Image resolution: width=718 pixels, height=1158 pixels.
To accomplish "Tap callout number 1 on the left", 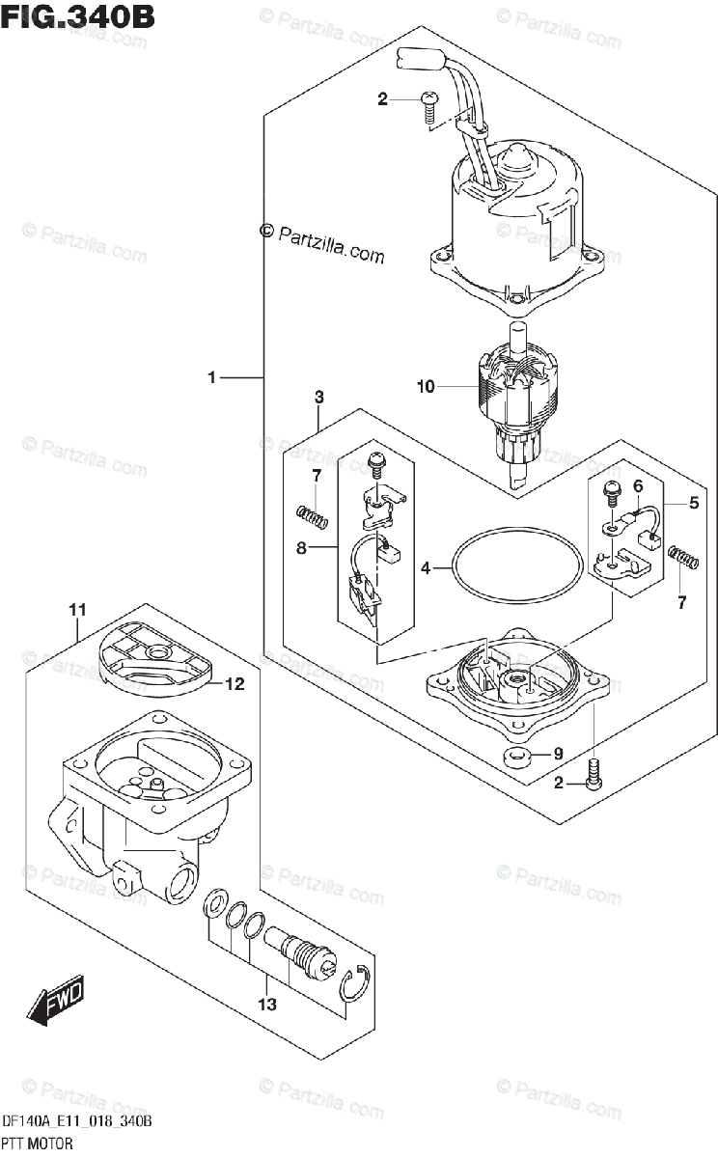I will (212, 377).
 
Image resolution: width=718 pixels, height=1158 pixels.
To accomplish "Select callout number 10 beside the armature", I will (427, 387).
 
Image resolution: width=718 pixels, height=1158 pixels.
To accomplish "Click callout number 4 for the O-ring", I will (426, 569).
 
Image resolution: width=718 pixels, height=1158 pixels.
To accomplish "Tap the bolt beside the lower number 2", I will (594, 775).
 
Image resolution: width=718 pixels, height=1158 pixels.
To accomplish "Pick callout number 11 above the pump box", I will (77, 609).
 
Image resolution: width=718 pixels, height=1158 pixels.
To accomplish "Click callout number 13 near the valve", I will (266, 1005).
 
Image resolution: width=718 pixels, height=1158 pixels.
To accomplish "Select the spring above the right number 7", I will (682, 557).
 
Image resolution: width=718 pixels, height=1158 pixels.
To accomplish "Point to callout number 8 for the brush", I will (302, 548).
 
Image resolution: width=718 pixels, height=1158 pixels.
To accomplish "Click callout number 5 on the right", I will (694, 502).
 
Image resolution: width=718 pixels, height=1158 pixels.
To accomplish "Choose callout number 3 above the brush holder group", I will (318, 398).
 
